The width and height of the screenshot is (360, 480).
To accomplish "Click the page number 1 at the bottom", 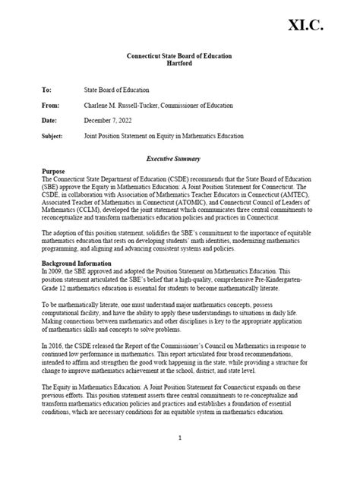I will (179, 438).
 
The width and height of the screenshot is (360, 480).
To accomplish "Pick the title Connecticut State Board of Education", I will (178, 56).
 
